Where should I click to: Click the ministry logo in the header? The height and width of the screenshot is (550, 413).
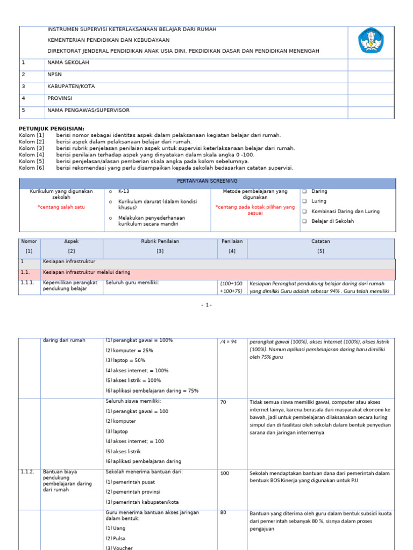click(371, 41)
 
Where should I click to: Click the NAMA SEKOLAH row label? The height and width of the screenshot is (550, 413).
click(68, 63)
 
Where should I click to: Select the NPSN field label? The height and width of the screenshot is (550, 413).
click(55, 75)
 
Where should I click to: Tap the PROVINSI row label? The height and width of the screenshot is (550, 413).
click(59, 98)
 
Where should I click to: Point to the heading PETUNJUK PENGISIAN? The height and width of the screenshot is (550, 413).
click(52, 129)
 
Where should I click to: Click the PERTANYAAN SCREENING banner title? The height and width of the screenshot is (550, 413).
click(207, 181)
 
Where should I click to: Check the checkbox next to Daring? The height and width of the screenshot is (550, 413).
click(304, 191)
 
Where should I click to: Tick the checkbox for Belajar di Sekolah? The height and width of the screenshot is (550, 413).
click(304, 221)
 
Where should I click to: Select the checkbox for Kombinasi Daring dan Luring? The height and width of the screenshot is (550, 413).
click(304, 211)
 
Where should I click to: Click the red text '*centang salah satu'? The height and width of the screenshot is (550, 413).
click(61, 207)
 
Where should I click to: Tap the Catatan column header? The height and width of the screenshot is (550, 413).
click(321, 242)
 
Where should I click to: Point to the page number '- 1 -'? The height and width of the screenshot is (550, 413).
click(206, 305)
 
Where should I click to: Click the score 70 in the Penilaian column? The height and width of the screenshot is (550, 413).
click(224, 401)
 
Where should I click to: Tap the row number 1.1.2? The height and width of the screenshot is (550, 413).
click(28, 472)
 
